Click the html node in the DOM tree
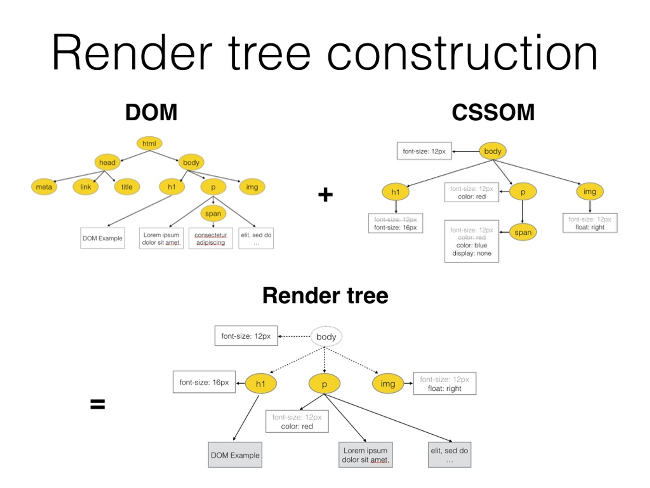click(149, 143)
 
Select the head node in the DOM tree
click(107, 162)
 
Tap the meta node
click(44, 187)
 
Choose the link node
click(85, 187)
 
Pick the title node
click(127, 187)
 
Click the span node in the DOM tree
click(213, 214)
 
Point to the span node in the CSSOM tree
click(523, 232)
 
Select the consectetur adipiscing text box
click(211, 238)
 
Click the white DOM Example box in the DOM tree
click(102, 238)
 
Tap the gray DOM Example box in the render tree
click(235, 455)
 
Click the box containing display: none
click(472, 241)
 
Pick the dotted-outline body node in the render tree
click(326, 337)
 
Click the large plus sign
click(325, 195)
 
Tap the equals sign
click(97, 404)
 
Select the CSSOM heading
click(493, 113)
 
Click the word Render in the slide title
click(132, 53)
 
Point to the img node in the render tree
click(388, 384)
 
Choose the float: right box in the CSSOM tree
click(590, 223)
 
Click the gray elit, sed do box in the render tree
click(449, 455)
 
